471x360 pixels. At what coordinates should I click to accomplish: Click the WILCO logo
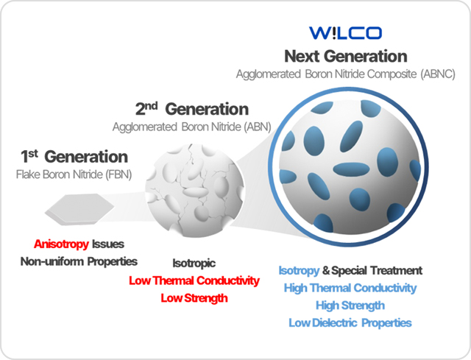(345, 33)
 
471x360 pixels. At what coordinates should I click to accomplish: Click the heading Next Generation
(346, 56)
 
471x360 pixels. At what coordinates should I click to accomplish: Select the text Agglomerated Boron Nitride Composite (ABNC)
(346, 74)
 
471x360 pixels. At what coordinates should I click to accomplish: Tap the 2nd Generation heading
(192, 109)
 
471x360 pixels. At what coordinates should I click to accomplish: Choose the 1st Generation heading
(74, 157)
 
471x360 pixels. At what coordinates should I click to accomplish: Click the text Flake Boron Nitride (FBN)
(74, 174)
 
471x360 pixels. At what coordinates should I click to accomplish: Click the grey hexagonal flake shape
(79, 210)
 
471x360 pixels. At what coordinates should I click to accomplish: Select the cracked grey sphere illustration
(195, 190)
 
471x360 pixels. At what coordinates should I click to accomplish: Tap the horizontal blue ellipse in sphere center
(351, 169)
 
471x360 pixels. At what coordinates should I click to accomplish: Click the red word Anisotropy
(61, 244)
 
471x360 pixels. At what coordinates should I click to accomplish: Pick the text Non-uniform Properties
(79, 262)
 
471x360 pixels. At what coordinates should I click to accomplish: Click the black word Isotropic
(194, 264)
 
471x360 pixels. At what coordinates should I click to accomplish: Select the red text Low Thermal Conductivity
(194, 280)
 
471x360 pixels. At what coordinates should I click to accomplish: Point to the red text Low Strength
(194, 298)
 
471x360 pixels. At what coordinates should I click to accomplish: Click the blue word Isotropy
(299, 271)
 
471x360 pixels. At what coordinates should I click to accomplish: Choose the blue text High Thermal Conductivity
(350, 288)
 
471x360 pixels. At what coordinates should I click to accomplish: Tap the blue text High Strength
(350, 306)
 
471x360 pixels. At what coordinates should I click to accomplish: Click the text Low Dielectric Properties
(350, 322)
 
